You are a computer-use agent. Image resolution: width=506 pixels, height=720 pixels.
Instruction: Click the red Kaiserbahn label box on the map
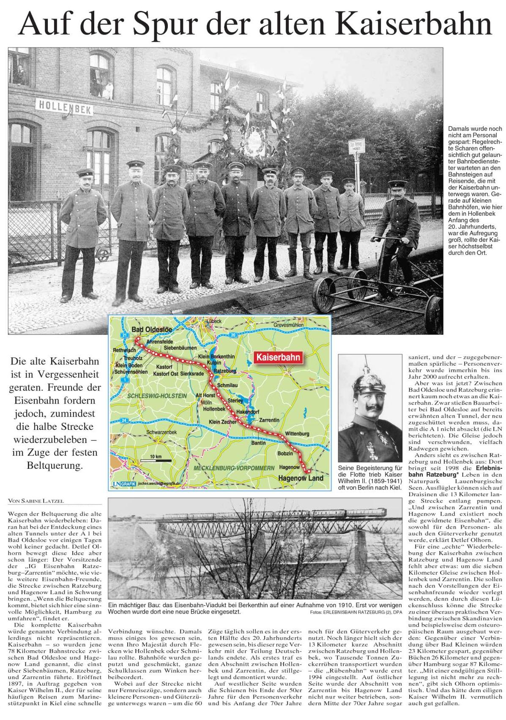[x=279, y=357]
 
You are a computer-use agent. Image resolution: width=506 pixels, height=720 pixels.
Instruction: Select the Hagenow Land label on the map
[x=300, y=478]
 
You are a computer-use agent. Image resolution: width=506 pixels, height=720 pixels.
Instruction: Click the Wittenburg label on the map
[x=298, y=433]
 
